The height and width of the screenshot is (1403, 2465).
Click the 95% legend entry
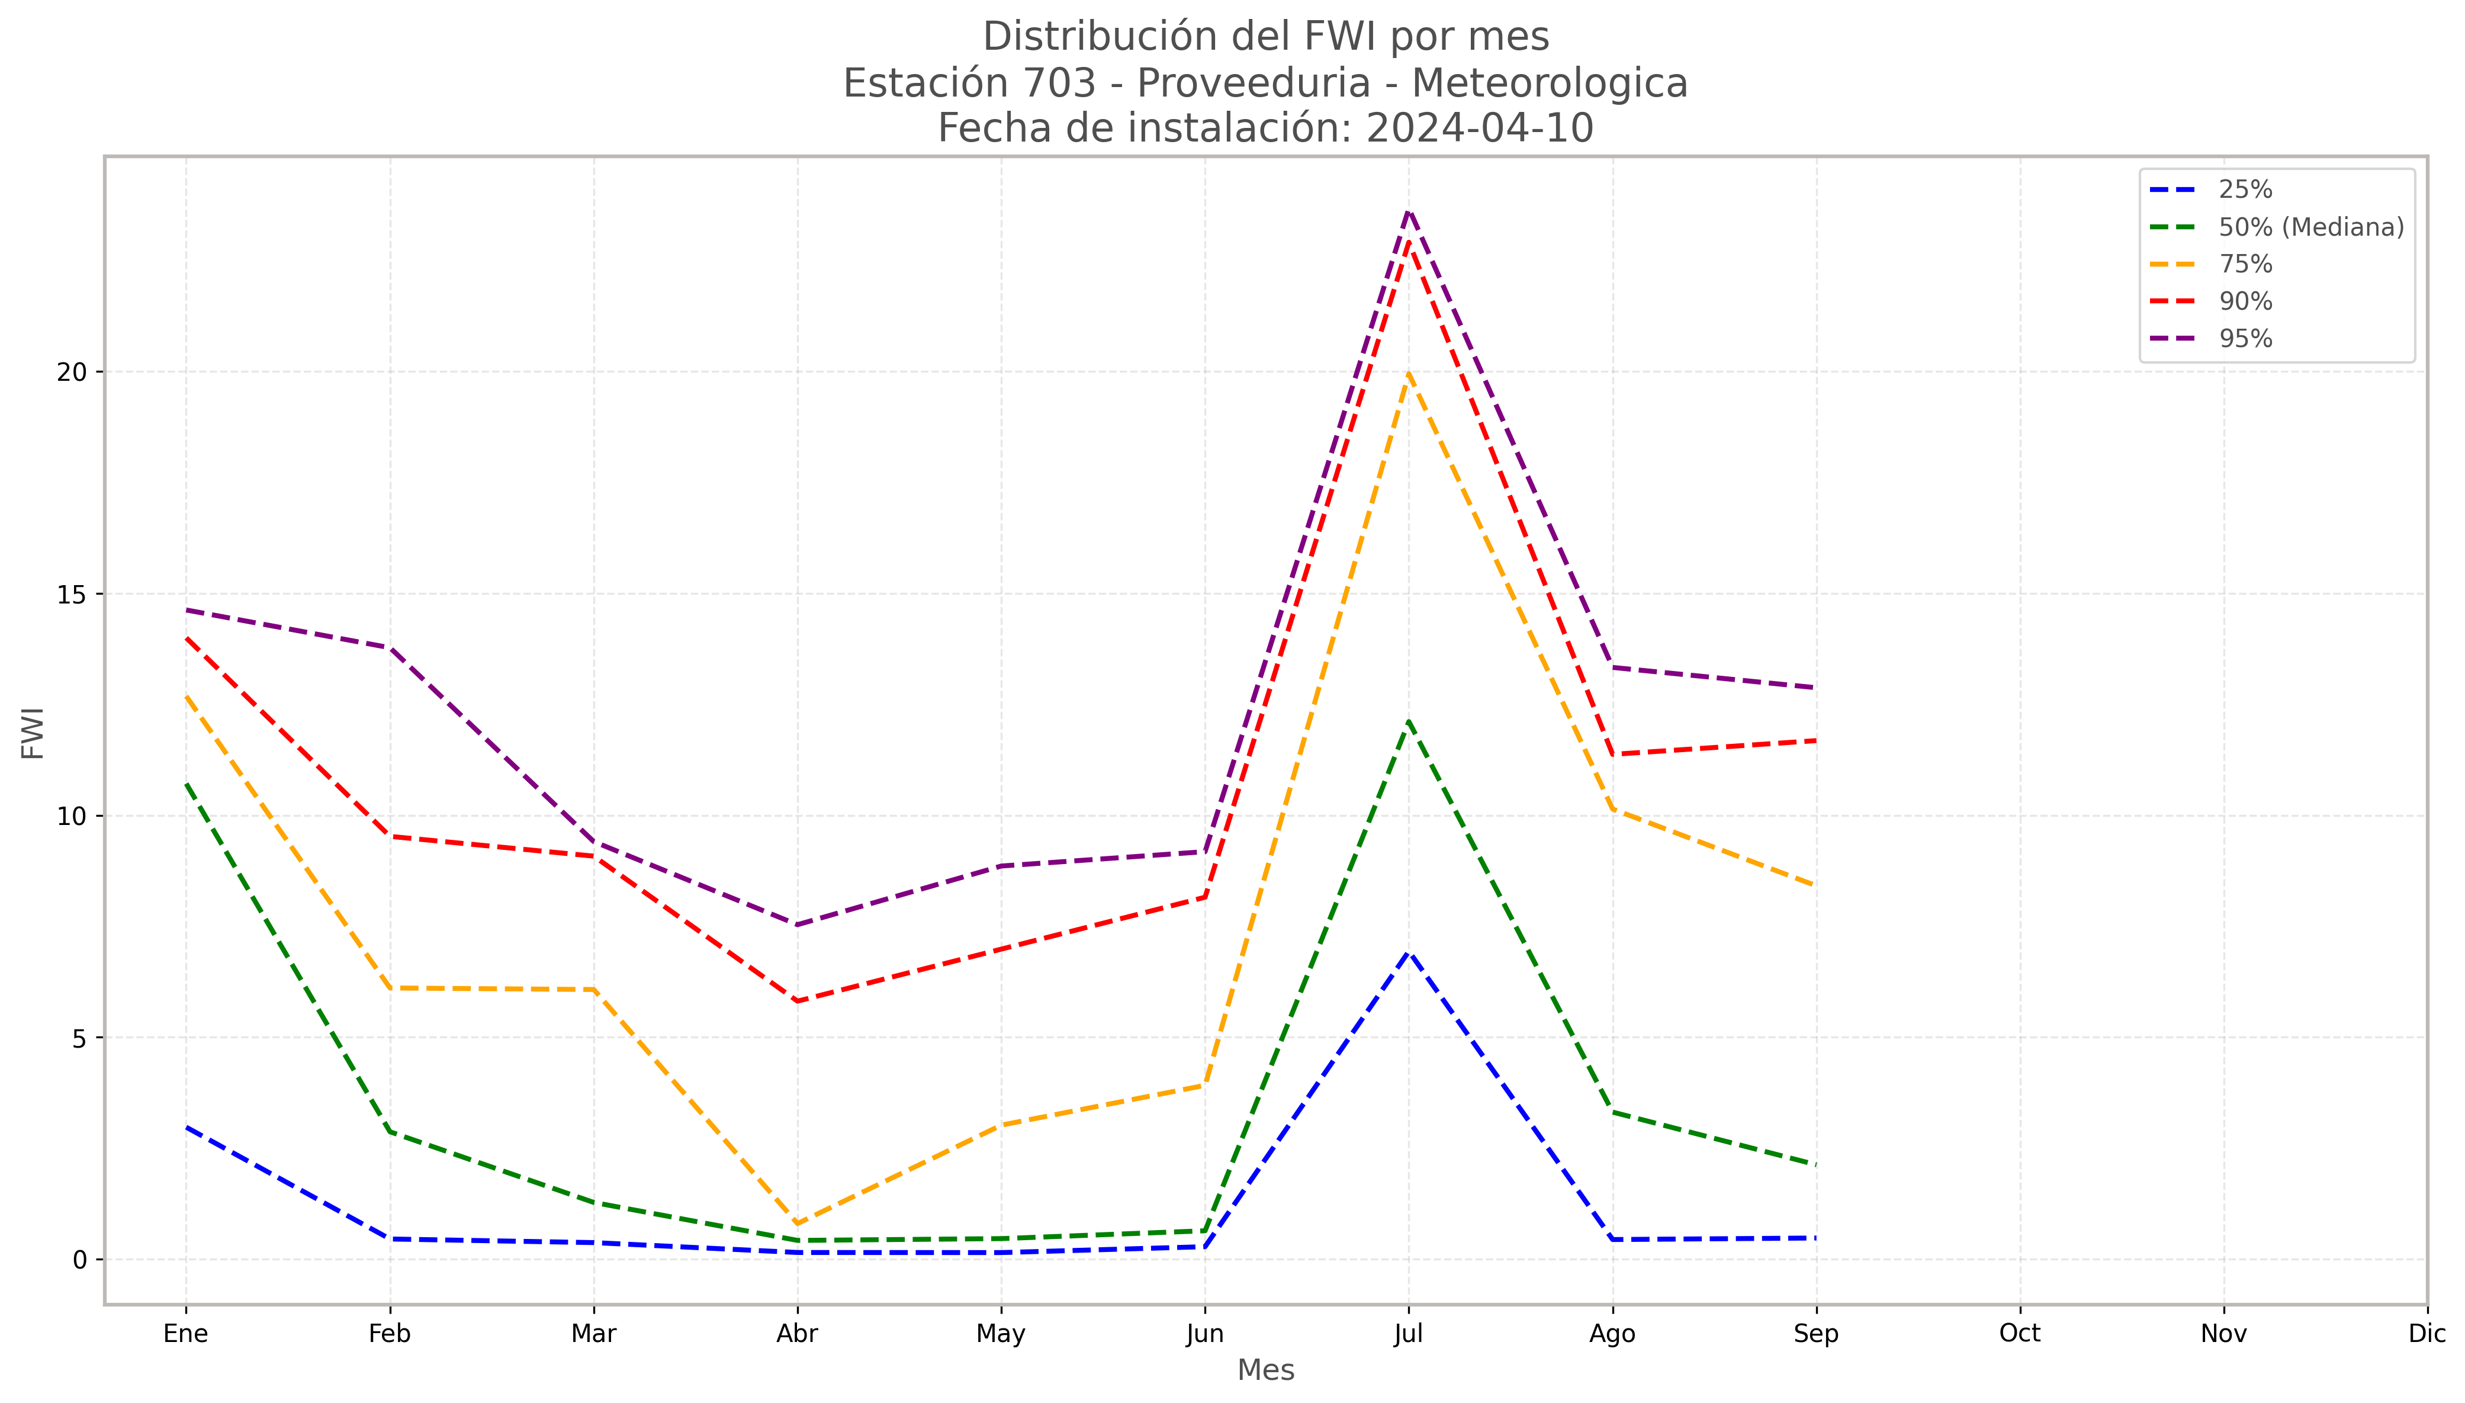coord(2244,338)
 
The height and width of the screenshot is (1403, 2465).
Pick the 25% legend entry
coord(2244,190)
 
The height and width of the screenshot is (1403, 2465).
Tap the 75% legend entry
coord(2244,264)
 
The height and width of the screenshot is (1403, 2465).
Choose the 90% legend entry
coord(2244,301)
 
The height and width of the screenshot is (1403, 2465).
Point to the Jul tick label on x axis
coord(1408,1334)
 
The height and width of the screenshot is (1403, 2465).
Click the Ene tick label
coord(186,1334)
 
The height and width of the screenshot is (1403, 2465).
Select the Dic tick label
coord(2427,1334)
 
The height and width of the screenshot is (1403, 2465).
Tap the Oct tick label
coord(2020,1334)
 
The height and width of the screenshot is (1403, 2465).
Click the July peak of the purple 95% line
coord(1408,210)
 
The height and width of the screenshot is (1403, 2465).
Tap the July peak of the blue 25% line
coord(1408,952)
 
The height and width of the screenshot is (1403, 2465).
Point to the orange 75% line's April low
coord(798,1224)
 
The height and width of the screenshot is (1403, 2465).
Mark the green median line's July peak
coord(1408,721)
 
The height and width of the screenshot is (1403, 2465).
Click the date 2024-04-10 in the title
coord(1480,128)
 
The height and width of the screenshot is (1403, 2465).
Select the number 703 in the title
coord(1059,84)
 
